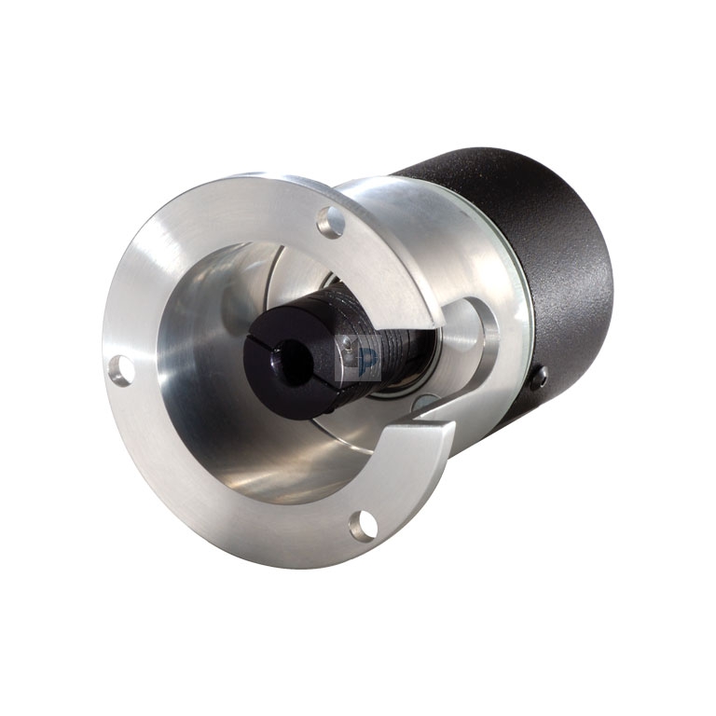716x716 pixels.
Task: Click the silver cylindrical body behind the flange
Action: point(447,233)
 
